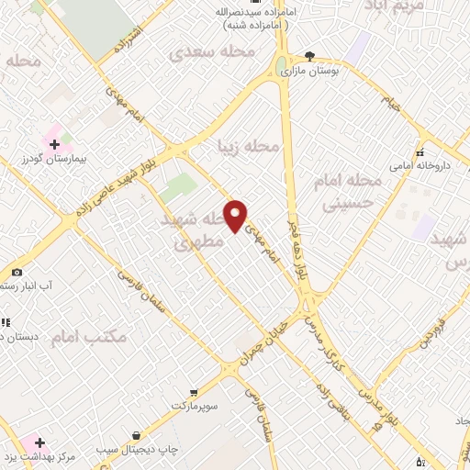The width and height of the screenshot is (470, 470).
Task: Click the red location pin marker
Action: (x=236, y=216)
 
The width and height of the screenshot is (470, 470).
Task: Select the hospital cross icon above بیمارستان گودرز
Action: (x=53, y=144)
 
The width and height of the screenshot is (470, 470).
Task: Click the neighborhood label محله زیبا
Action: (x=247, y=145)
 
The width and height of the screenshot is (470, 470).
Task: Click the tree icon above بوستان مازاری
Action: (x=309, y=56)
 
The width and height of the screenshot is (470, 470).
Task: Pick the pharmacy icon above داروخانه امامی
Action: (x=420, y=153)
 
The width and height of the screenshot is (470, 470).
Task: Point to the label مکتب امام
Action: (x=88, y=338)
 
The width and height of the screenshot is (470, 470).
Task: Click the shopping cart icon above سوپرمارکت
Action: (x=192, y=391)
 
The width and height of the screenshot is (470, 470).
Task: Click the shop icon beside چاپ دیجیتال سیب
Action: (x=136, y=435)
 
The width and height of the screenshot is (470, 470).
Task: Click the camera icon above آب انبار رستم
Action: (x=17, y=273)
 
